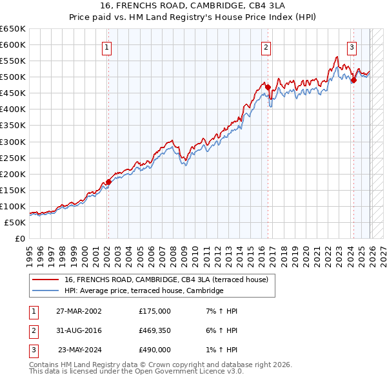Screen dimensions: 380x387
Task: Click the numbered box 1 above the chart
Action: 106,46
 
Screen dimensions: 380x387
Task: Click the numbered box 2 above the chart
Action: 266,46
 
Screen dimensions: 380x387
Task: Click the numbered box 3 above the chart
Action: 352,46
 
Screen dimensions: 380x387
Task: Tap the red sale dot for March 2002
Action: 108,182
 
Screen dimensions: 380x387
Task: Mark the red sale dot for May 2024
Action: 353,80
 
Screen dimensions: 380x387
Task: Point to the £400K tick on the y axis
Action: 13,109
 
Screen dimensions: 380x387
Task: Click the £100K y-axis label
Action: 13,206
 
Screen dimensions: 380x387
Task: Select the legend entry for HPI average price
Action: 143,291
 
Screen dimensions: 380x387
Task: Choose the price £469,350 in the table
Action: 155,330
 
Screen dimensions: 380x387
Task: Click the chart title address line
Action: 193,5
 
